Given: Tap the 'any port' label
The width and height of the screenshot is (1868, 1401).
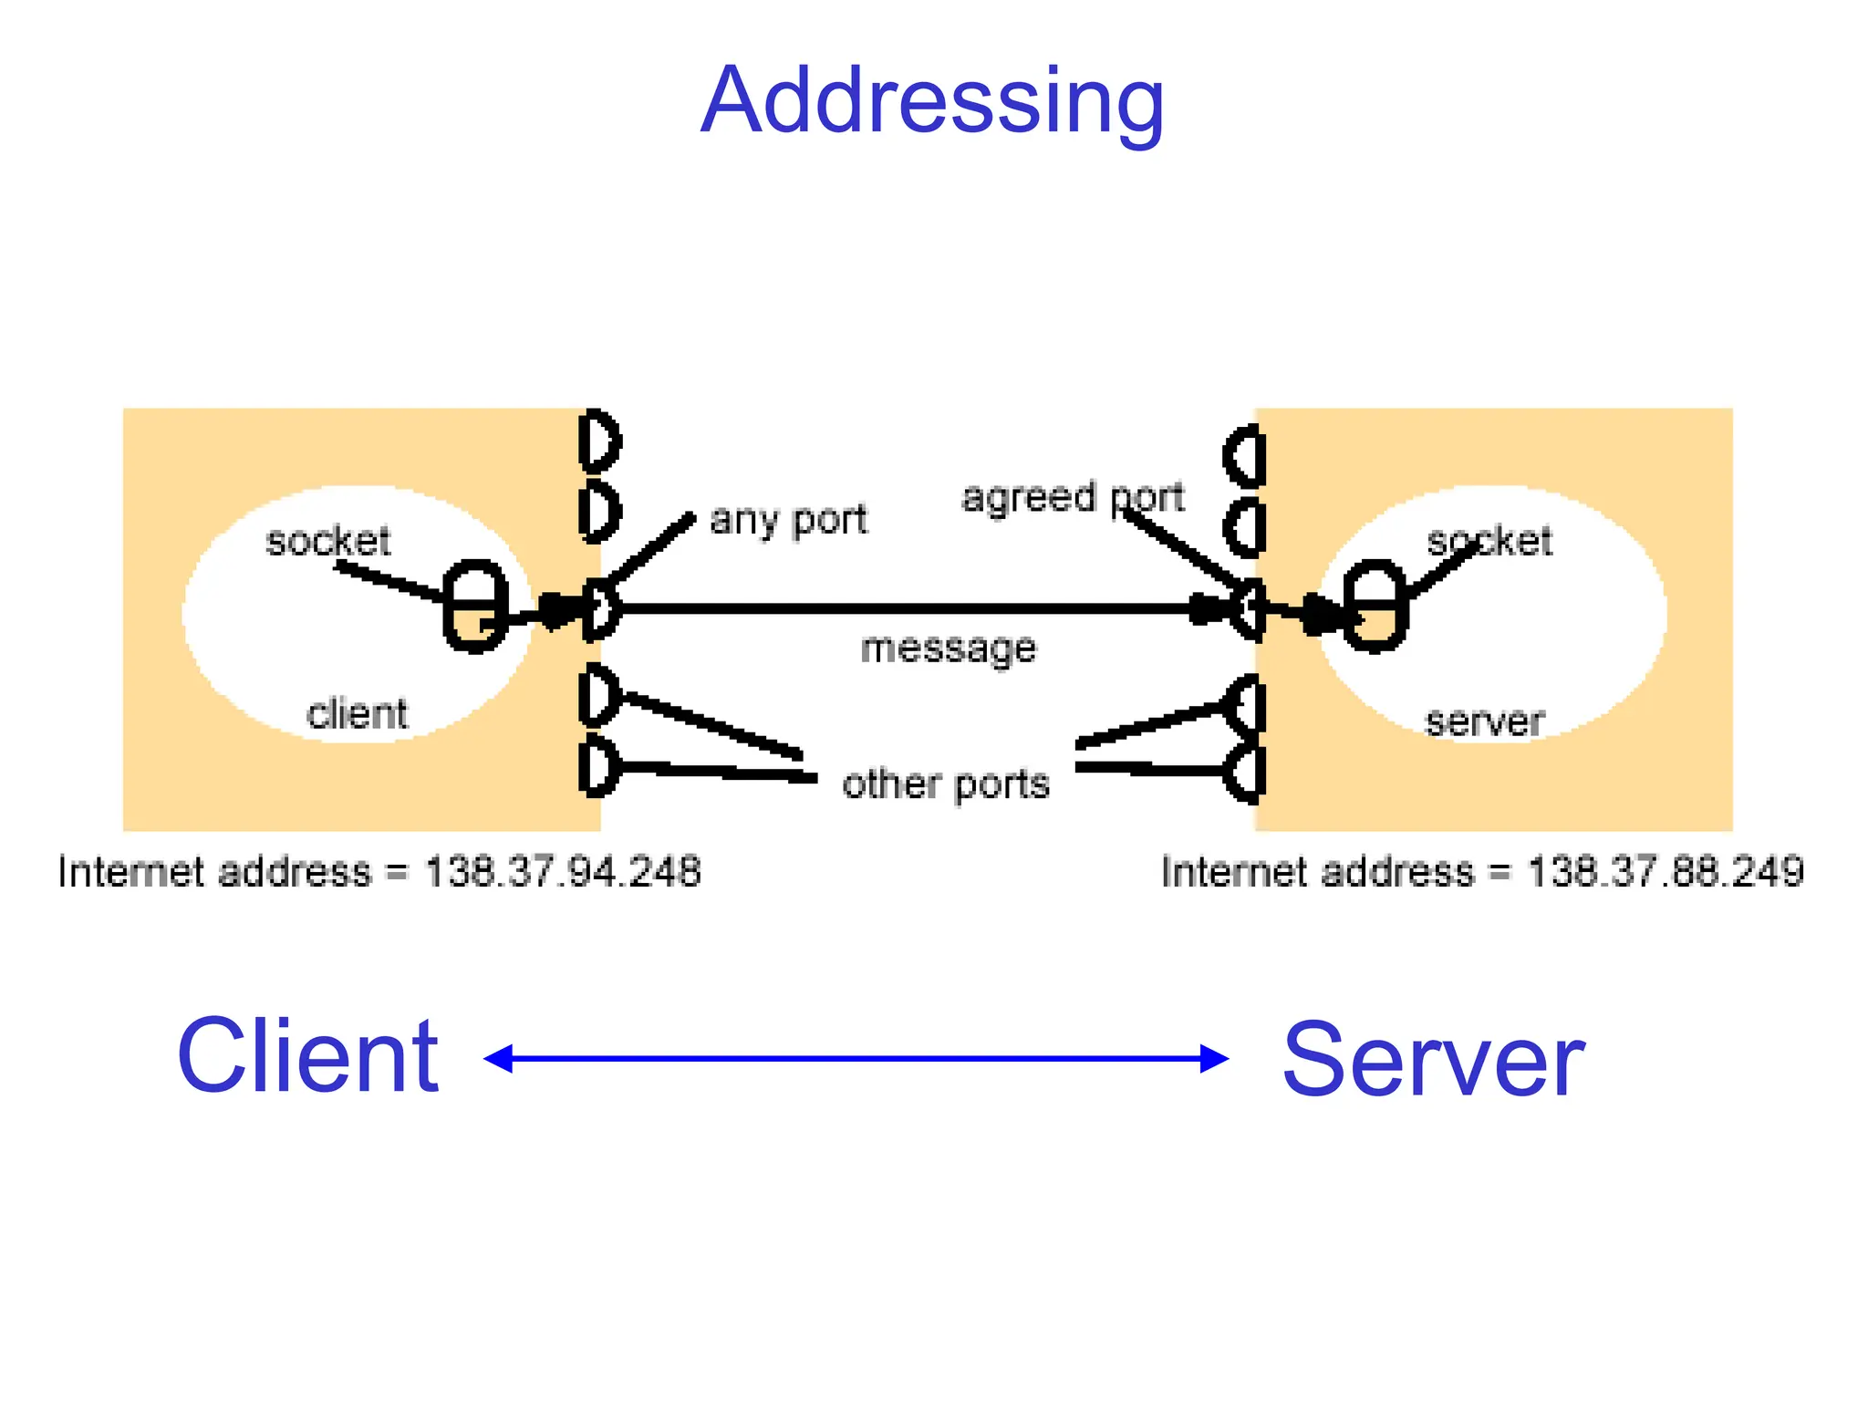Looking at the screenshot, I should point(788,520).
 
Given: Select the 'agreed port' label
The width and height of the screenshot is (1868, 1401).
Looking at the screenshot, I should point(1073,498).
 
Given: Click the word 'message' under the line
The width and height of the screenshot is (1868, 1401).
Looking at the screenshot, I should point(949,649).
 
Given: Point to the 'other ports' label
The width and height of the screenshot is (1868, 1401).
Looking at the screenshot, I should point(946,784).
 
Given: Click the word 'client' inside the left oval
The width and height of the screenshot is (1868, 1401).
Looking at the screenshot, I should point(357,713).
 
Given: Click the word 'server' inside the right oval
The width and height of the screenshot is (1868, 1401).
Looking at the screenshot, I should point(1484,721).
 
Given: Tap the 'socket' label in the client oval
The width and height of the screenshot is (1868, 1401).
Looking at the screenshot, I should point(327,541).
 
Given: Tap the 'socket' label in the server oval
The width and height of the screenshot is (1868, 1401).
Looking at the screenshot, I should point(1489,541).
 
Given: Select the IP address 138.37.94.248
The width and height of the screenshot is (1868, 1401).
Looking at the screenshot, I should point(563,871).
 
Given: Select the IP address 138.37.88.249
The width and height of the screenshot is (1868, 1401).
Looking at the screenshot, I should point(1666,871).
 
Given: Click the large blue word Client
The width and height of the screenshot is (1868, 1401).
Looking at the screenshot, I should point(307,1056).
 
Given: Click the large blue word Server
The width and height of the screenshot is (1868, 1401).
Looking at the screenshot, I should point(1433,1060).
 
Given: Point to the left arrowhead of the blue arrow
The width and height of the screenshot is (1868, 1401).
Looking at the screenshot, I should point(497,1058).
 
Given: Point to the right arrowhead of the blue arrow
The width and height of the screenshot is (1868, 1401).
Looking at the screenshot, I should point(1215,1058).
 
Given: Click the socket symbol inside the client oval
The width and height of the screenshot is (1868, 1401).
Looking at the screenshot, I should point(474,605).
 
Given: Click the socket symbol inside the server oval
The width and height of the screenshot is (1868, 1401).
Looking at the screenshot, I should point(1375,605).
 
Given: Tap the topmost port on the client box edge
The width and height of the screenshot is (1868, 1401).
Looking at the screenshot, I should point(599,441).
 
